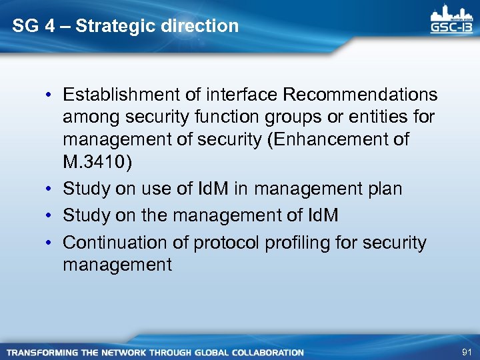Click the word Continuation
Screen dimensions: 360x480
coord(117,242)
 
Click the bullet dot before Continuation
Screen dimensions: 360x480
coord(51,243)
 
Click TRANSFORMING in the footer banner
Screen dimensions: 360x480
coord(42,352)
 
